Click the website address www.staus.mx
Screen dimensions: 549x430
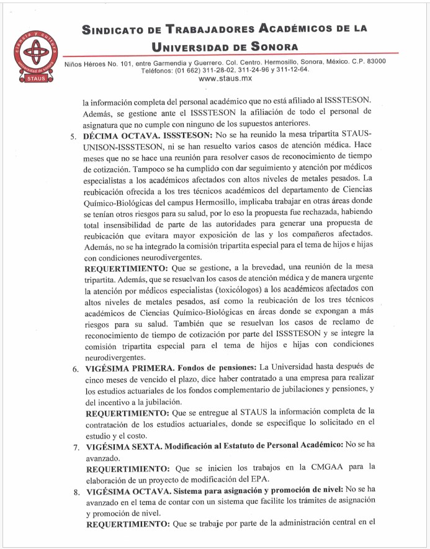225,79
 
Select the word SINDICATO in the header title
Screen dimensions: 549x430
120,29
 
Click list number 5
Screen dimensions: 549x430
74,136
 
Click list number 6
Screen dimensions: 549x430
74,368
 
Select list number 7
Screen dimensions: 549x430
74,447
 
